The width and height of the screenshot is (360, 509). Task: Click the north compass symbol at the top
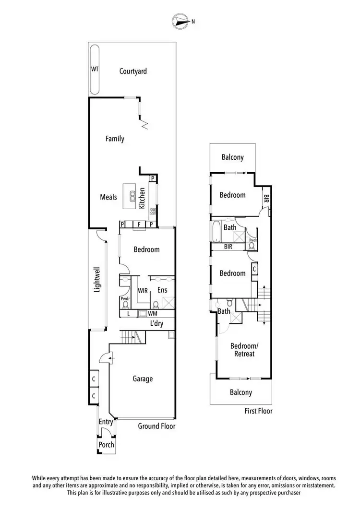pyautogui.click(x=180, y=21)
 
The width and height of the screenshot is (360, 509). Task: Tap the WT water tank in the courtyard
pyautogui.click(x=95, y=69)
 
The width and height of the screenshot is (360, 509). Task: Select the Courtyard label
pyautogui.click(x=133, y=71)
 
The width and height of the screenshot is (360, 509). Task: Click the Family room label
pyautogui.click(x=115, y=139)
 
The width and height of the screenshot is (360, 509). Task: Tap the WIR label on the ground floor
pyautogui.click(x=143, y=290)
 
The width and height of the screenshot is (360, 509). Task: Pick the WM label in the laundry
pyautogui.click(x=153, y=314)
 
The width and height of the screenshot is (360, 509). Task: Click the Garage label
pyautogui.click(x=143, y=379)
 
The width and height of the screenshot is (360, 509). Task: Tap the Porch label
pyautogui.click(x=106, y=445)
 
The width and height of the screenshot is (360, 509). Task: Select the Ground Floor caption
pyautogui.click(x=156, y=426)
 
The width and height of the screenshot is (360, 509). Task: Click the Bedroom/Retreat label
pyautogui.click(x=242, y=350)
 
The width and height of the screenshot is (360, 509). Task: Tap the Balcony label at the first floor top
pyautogui.click(x=233, y=157)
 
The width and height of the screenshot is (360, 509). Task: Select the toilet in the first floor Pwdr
pyautogui.click(x=252, y=245)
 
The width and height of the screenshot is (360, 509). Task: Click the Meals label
pyautogui.click(x=108, y=197)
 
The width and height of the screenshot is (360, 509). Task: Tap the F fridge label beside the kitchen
pyautogui.click(x=139, y=224)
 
